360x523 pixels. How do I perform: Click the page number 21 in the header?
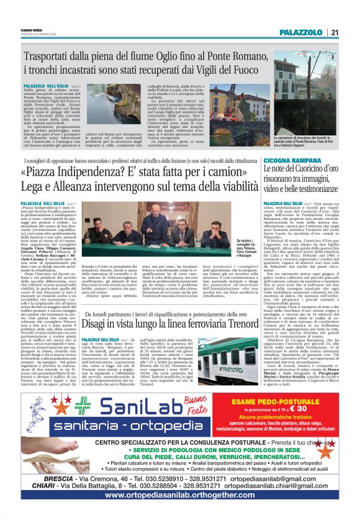(x=335, y=32)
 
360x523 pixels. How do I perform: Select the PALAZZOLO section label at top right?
(x=301, y=32)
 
